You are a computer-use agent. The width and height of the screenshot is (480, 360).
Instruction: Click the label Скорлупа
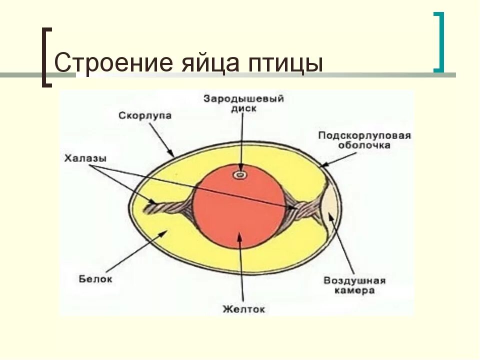click(x=145, y=115)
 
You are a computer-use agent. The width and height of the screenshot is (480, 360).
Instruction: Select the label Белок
click(x=95, y=278)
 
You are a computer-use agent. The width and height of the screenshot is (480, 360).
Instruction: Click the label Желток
click(x=243, y=309)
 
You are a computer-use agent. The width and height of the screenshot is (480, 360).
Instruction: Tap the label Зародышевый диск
click(x=243, y=103)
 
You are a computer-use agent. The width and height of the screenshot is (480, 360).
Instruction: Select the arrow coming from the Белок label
click(x=140, y=250)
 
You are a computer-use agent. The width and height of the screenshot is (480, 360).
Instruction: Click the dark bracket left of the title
click(x=46, y=57)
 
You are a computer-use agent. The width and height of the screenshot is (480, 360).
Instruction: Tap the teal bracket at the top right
click(x=438, y=42)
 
